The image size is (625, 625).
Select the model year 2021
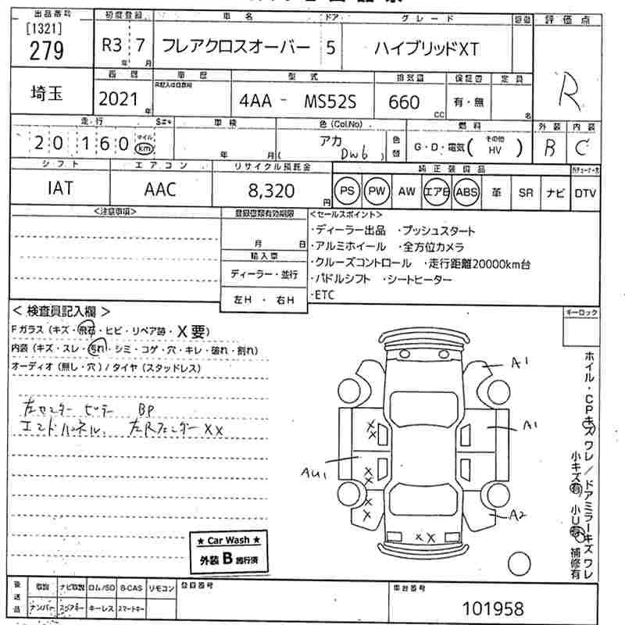116,100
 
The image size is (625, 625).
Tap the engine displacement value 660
403,102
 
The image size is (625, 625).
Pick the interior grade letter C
581,147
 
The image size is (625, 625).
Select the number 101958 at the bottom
494,607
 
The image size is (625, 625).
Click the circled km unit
144,148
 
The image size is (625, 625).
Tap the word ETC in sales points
324,294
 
